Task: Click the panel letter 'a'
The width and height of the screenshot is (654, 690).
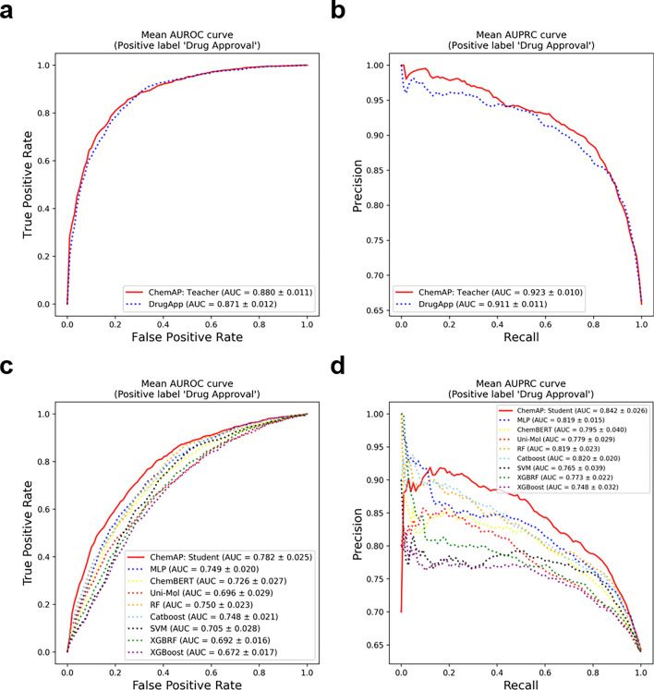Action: click(11, 12)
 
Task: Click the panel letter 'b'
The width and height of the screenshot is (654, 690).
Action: click(342, 12)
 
